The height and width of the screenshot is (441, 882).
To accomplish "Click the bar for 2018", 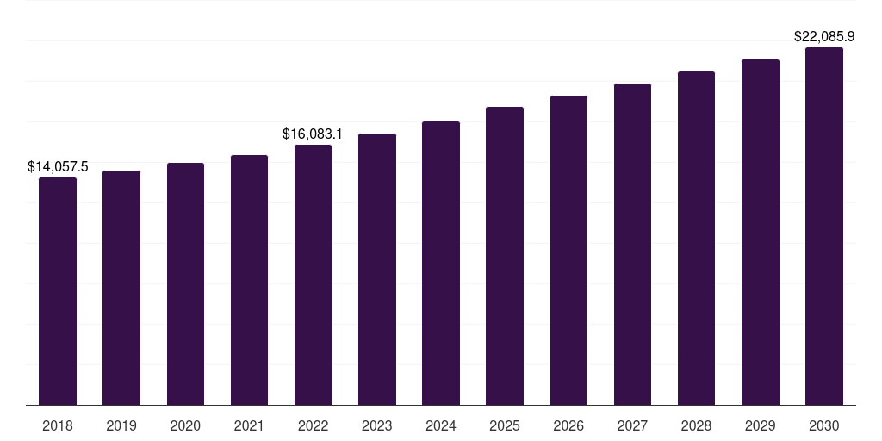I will (x=58, y=291).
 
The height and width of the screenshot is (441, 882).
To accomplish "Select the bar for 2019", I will (x=121, y=288).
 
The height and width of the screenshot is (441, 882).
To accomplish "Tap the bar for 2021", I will (x=249, y=280).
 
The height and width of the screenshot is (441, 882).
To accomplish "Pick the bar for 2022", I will (x=313, y=275).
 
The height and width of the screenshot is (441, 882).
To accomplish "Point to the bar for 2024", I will (x=441, y=263).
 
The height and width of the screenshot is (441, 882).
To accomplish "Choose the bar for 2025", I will (x=505, y=256).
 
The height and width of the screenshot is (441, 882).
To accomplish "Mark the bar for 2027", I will (x=632, y=244).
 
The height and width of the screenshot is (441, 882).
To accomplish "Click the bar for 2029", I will (x=761, y=232).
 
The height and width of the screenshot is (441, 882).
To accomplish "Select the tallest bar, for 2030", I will (x=824, y=226).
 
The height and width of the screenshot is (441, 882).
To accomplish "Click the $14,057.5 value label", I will (x=58, y=166).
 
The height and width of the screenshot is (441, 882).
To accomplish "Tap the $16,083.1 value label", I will (x=313, y=134).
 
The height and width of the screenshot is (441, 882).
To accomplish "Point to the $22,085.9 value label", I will (x=824, y=37).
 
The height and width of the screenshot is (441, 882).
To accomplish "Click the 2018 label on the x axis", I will (x=58, y=425).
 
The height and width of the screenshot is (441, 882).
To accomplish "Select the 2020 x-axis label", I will (x=185, y=425).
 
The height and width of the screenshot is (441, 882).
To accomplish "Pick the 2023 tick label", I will (x=377, y=425).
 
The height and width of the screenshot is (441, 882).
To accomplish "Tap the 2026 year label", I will (x=568, y=425).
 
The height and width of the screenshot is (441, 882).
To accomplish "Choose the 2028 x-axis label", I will (x=696, y=425).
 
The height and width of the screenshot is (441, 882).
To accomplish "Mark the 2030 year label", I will (x=824, y=425).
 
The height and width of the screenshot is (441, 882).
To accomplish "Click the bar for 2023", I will (x=377, y=269).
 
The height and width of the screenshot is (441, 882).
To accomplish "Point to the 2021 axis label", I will (x=249, y=425).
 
